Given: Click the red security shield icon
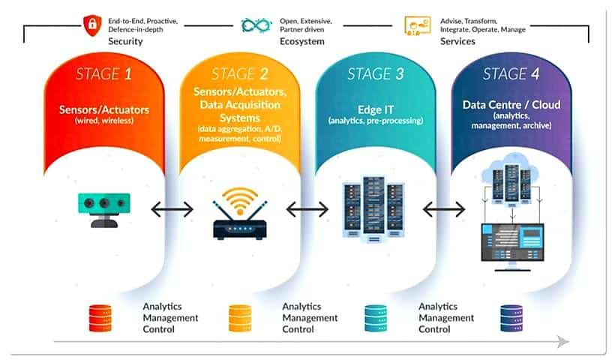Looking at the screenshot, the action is pos(92,25).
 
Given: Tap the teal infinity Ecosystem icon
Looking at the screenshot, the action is pos(256,25).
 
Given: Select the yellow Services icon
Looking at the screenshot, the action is pos(418,25).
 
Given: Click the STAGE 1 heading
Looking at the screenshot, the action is pos(103,73).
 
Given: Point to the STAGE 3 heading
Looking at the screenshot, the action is pos(376,73).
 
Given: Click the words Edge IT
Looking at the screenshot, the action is pos(376,109).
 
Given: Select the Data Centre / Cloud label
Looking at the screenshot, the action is pos(511,105).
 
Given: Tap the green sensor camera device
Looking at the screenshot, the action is pos(103,210).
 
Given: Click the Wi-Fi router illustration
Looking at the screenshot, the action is pos(240,214).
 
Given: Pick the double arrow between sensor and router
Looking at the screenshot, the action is pos(172,210).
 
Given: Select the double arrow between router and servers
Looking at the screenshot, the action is pos(307,210).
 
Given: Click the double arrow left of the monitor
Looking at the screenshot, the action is pos(444,210).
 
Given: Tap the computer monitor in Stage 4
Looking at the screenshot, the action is pos(512,247).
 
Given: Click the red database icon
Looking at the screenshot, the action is pos(100,318).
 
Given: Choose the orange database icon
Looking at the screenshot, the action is pos(240,318).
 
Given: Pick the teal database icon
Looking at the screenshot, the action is pos(376,318).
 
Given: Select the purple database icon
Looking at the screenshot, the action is pos(511,318).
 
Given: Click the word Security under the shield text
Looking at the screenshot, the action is pos(125,41).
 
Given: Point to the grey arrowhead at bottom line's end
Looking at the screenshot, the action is pos(562,342).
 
